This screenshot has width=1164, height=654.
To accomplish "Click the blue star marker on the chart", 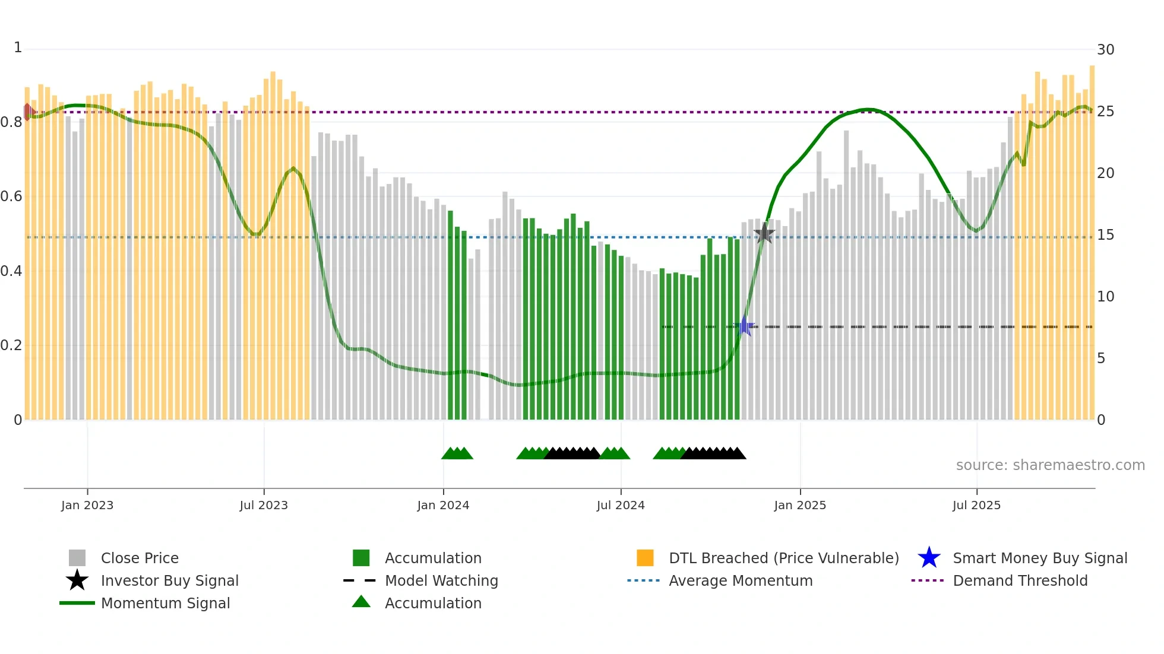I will coord(744,326).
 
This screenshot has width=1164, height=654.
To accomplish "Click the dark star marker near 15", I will coord(764,234).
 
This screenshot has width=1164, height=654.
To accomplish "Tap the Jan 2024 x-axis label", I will coord(443,505).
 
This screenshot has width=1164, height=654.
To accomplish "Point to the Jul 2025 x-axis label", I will coord(976,505).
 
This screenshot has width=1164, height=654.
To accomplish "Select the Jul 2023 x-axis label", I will coord(264,505).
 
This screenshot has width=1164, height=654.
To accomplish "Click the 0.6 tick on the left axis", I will coord(12,196).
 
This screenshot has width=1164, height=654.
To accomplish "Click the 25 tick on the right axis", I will coord(1105,112).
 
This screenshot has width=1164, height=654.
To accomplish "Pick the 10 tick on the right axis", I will coord(1105,297).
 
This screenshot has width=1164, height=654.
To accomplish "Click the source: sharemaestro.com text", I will coord(1050,465).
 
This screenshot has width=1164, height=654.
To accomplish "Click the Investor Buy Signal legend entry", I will coord(169,580).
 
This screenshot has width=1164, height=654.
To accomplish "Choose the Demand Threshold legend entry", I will coord(1020,580).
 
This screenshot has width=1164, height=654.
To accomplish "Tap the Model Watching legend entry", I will coord(441,580).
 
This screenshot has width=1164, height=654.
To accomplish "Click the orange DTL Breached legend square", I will coord(645,558).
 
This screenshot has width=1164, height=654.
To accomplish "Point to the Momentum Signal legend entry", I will coord(165,603).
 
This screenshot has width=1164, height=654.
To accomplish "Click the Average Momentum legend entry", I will coord(740,580).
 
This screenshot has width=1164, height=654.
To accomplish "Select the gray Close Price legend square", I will coord(77,558).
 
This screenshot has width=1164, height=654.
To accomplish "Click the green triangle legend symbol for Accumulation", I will coord(361,602).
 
